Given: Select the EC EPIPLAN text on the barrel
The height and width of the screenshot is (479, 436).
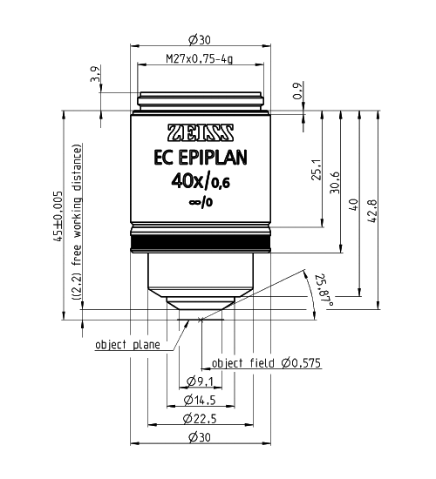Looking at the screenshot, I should point(200,159).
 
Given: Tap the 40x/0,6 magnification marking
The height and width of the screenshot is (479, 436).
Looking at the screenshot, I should point(200,182).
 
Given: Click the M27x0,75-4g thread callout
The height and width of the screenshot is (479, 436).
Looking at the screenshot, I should point(201,60).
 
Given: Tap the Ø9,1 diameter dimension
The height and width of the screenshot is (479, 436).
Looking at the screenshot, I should point(202,381).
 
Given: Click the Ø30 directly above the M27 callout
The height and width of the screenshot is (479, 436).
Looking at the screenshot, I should point(201,38).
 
